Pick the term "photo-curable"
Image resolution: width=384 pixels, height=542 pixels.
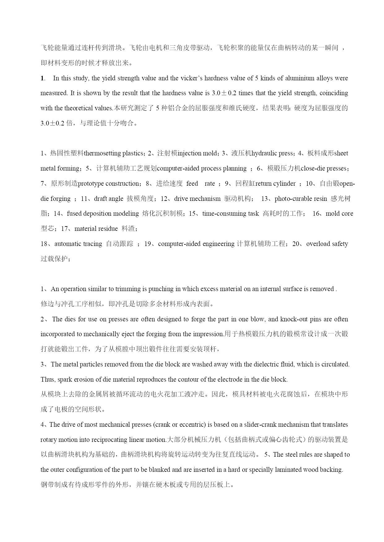293,199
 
